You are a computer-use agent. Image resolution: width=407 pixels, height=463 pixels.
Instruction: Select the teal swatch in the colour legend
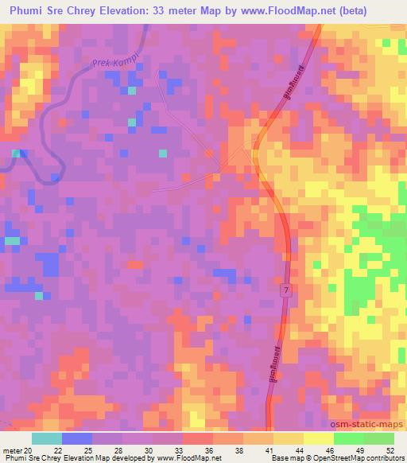pyautogui.click(x=47, y=438)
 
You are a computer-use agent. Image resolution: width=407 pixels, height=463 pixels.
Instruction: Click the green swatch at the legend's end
pyautogui.click(x=378, y=438)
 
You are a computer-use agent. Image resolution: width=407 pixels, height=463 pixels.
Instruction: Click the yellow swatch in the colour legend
pyautogui.click(x=319, y=438)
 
